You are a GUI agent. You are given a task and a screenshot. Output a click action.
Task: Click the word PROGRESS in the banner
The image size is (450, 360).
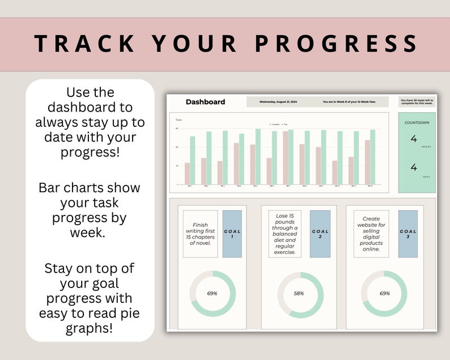[x=338, y=44]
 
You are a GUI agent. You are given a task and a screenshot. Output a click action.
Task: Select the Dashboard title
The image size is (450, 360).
[x=205, y=102]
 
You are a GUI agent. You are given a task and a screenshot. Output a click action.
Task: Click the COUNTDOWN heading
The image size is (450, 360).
[x=417, y=122]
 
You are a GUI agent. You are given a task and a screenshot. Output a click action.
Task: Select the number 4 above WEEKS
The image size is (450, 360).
[x=414, y=139]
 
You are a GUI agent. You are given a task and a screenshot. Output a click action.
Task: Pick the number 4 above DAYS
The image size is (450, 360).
[x=414, y=167]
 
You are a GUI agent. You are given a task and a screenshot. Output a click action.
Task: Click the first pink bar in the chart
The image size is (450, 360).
[x=187, y=173]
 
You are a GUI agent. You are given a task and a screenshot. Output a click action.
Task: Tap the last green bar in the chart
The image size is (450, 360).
[x=372, y=157]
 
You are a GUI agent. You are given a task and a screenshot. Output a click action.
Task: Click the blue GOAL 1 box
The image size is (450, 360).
[x=232, y=234]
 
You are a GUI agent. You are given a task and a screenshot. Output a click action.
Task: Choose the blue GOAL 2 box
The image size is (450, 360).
[x=320, y=234]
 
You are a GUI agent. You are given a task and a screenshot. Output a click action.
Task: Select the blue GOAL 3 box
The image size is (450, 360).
[x=408, y=234]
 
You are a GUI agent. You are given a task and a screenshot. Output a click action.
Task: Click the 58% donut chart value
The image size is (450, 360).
[x=299, y=294]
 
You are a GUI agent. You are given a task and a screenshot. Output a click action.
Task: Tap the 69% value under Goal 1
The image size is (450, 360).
[x=212, y=294]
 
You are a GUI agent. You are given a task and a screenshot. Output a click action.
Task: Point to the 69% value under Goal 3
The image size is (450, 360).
[x=384, y=294]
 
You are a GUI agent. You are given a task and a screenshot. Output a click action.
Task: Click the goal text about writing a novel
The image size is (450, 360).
[x=200, y=234]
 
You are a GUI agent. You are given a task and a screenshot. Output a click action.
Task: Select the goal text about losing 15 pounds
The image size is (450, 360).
[x=285, y=233]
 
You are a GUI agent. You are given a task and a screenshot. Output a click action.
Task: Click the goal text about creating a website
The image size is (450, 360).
[x=372, y=234]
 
